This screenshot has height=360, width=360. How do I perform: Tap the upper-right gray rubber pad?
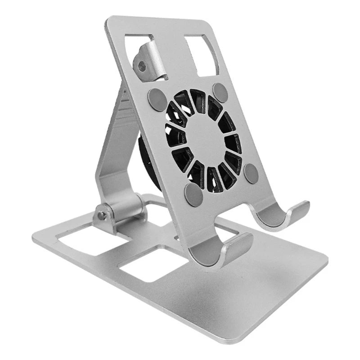pyautogui.click(x=220, y=92)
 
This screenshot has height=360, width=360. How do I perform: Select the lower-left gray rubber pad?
pyautogui.click(x=193, y=194)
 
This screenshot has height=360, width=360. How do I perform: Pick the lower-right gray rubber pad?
pyautogui.click(x=251, y=173)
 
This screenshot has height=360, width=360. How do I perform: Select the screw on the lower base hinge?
pyautogui.click(x=103, y=216)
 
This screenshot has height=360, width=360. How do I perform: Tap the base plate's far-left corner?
pyautogui.click(x=34, y=234)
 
